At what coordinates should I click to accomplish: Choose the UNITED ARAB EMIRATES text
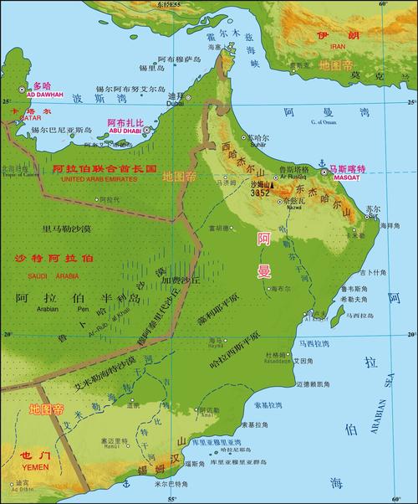click(104, 177)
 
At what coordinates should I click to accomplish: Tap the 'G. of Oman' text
click(323, 122)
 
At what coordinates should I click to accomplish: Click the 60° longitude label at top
click(382, 5)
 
